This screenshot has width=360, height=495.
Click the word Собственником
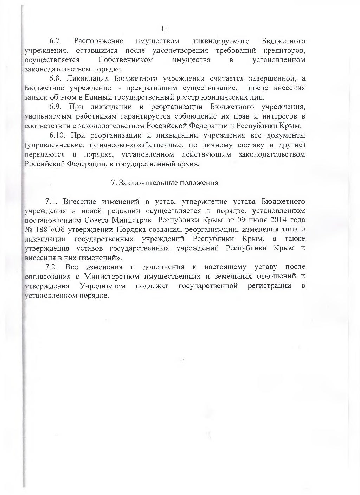(x=126, y=60)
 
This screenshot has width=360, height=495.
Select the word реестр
(x=187, y=97)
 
